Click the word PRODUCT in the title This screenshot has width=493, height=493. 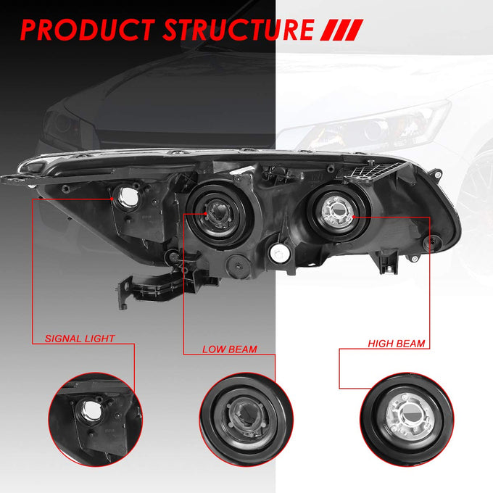coord(88,30)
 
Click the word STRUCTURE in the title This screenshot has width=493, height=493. coord(239,30)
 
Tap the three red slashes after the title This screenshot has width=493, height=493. coord(341,30)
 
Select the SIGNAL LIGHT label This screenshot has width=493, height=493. coord(80,339)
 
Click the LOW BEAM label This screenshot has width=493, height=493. coord(230,349)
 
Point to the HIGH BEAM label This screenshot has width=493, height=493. coord(397,344)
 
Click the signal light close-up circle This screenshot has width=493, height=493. coord(96,420)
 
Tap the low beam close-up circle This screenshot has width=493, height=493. coord(246,420)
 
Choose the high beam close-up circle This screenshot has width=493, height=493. coord(407,420)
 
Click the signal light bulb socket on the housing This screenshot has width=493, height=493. coord(128,197)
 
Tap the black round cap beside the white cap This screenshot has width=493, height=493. coord(239,265)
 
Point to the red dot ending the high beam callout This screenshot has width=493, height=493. coord(354,217)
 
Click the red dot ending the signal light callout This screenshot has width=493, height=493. coord(112,199)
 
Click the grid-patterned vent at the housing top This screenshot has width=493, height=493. coord(374,171)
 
